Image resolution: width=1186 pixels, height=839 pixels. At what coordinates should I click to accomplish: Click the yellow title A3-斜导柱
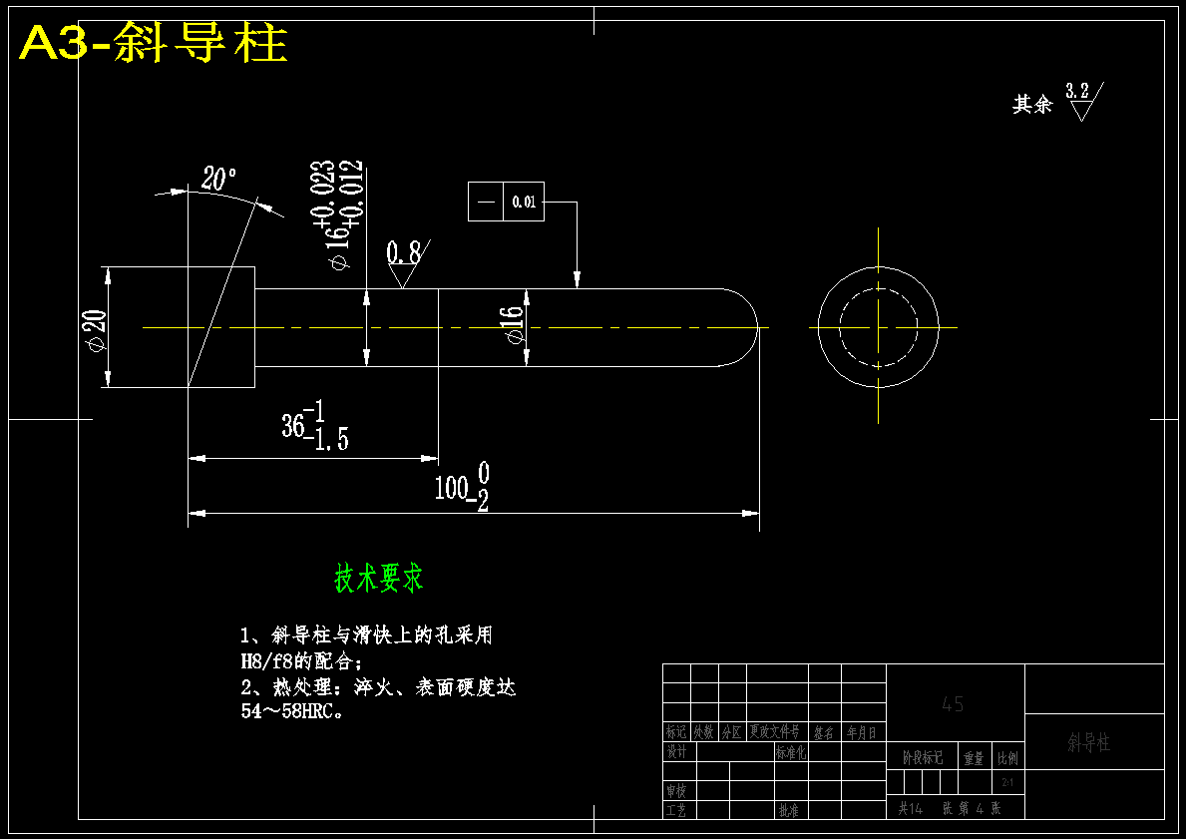click(154, 44)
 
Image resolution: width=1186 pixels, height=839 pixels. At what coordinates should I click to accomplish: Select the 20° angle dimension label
click(218, 180)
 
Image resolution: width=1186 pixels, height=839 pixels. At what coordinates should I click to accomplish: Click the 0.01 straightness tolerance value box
click(524, 202)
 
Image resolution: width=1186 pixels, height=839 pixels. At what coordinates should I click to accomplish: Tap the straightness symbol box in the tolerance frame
click(486, 202)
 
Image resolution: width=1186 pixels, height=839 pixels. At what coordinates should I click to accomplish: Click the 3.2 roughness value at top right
click(1077, 91)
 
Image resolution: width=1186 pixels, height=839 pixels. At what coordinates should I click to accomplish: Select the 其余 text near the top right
click(1032, 105)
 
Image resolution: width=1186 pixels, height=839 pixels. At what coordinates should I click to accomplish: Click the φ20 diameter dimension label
click(96, 330)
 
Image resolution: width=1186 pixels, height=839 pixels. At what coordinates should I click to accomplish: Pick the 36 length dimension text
click(293, 426)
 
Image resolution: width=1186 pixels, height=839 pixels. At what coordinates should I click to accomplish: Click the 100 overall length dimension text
click(452, 488)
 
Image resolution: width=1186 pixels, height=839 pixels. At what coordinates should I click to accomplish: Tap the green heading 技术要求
click(378, 578)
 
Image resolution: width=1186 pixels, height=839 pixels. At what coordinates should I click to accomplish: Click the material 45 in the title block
click(953, 704)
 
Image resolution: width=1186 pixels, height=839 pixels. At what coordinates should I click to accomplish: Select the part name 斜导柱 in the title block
click(1089, 743)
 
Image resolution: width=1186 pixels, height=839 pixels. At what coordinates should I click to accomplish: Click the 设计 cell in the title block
click(677, 752)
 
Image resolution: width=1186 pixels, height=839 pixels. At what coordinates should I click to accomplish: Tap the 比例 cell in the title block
click(1008, 759)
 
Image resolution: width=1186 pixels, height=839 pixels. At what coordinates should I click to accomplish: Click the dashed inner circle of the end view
click(840, 327)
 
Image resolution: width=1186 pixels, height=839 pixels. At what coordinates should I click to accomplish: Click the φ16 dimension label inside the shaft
click(513, 325)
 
